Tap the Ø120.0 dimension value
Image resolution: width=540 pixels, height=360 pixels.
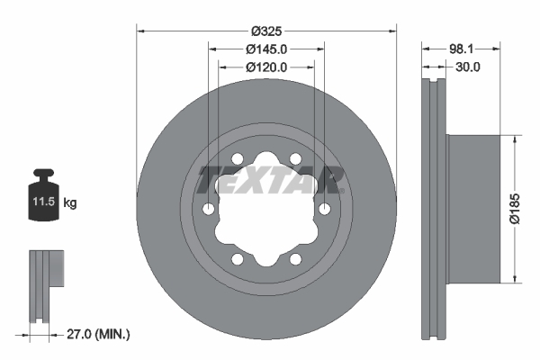(265, 67)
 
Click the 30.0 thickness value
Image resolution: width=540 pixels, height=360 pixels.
(468, 67)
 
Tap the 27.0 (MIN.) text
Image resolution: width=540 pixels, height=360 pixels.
(99, 334)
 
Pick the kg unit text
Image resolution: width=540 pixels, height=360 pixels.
(70, 203)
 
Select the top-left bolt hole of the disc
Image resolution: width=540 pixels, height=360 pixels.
(238, 159)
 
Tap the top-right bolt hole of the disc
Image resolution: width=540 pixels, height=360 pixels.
(294, 159)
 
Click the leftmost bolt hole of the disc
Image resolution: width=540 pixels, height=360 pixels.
(209, 210)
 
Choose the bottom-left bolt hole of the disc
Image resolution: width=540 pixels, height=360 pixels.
(238, 259)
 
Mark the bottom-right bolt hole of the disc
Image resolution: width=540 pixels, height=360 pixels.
(294, 259)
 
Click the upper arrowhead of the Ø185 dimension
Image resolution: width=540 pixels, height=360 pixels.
(514, 140)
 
